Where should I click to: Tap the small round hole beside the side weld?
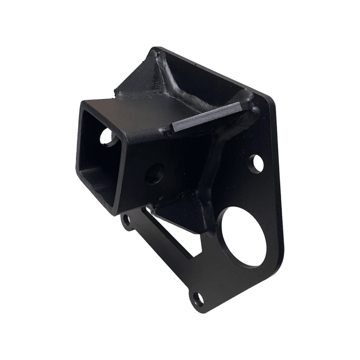256,164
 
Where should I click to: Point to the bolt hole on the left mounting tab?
126,220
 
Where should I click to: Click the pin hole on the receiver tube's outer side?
155,173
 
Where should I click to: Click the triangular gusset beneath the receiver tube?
180,211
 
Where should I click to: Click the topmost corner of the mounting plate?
155,48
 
